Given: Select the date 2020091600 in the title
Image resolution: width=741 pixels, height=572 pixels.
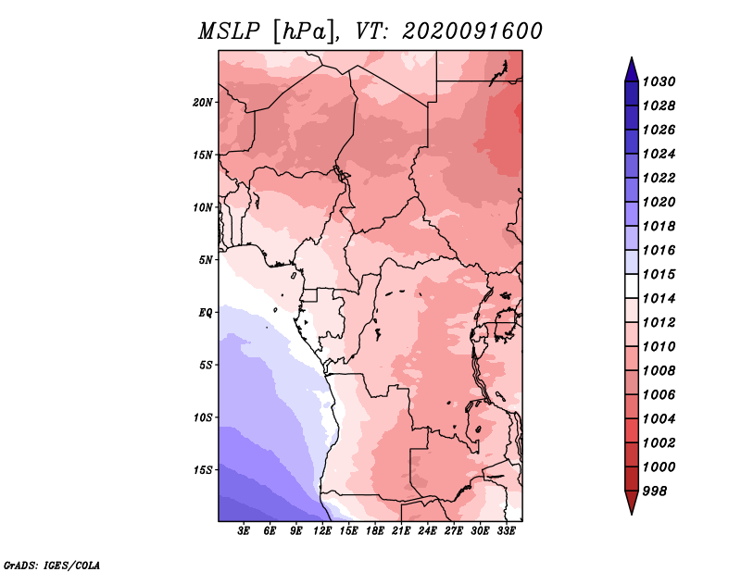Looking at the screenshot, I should (x=471, y=31).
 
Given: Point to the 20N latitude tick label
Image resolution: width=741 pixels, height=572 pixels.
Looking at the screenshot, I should (x=203, y=102).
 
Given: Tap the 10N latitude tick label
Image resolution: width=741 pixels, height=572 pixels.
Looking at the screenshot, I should (x=203, y=207).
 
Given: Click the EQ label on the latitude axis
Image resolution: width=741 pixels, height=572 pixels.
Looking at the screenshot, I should (x=206, y=312).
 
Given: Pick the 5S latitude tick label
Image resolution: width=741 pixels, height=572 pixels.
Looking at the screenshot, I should (x=206, y=365).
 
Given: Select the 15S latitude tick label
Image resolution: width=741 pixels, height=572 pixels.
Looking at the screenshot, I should (x=203, y=470).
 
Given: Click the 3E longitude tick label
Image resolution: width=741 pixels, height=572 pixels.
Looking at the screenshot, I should (x=245, y=531).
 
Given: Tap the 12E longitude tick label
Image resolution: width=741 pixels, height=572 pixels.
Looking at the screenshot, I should (x=323, y=531).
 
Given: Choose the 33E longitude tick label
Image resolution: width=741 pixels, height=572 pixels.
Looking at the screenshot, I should (x=507, y=531).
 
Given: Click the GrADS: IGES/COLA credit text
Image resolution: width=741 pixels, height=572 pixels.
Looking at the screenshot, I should (x=52, y=565).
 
